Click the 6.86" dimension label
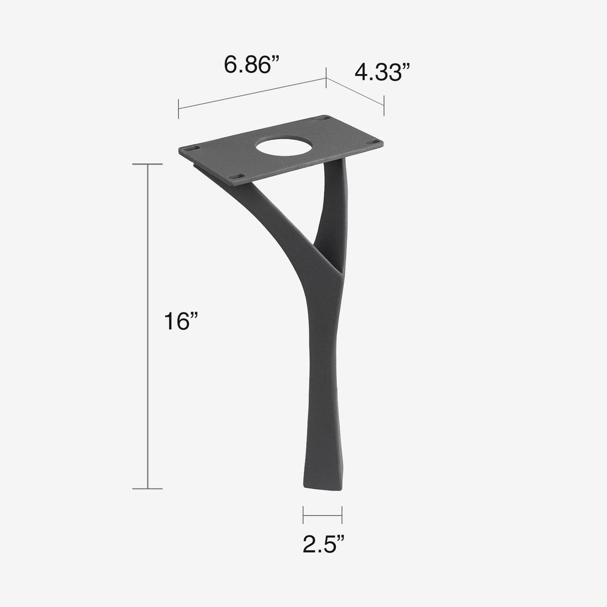[x=251, y=65]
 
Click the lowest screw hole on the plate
[x=238, y=176]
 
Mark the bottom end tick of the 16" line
[x=147, y=488]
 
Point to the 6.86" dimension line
[x=252, y=93]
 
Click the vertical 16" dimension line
[x=147, y=325]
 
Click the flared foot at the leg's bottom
[x=322, y=475]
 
